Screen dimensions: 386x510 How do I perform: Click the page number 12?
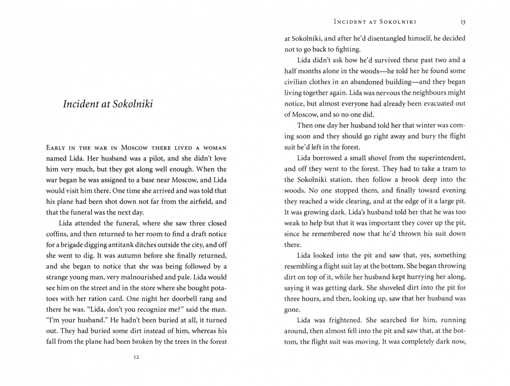click(x=136, y=357)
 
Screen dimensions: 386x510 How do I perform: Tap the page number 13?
click(x=463, y=22)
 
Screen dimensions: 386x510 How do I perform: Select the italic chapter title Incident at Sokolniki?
click(x=108, y=104)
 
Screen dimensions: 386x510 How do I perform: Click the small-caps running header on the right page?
click(x=375, y=22)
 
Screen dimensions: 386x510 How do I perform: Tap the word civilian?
click(x=295, y=82)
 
